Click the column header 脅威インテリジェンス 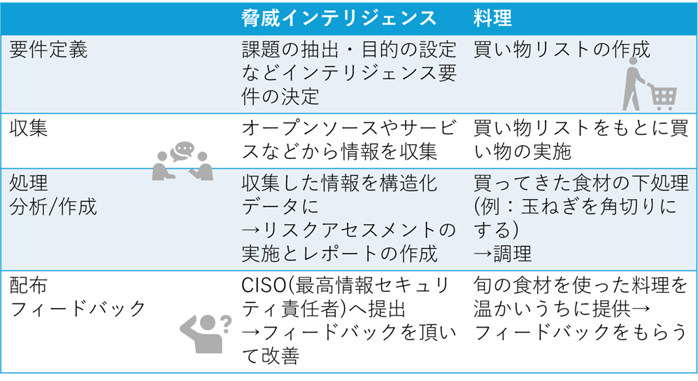coord(339,19)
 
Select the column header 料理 coord(492,19)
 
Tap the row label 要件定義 coord(48,50)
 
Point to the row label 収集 coord(29,128)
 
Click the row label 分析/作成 coord(53,207)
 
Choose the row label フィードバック coord(78,309)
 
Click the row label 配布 coord(28,286)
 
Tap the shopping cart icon coord(650,84)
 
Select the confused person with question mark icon coord(206,334)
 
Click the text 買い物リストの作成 coord(562,50)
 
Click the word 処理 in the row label coord(29,183)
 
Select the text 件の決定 coord(280,97)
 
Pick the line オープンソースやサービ coord(349,128)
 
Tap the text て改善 coord(271,356)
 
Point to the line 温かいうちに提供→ coord(562,309)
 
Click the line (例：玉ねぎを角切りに coord(576,207)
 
